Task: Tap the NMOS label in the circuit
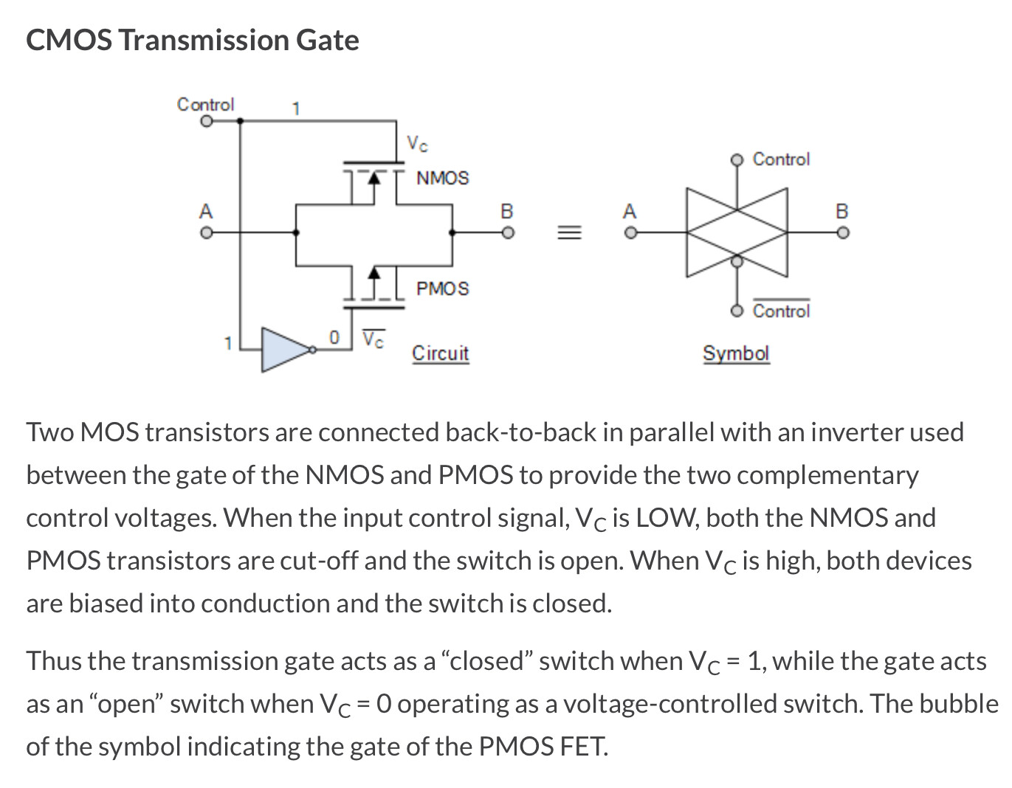point(442,178)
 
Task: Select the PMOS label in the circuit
point(442,288)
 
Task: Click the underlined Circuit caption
point(440,353)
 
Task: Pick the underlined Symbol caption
point(735,353)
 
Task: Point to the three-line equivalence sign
point(568,232)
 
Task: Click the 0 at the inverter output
point(334,337)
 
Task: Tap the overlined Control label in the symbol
point(781,311)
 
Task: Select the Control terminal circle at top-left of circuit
point(207,122)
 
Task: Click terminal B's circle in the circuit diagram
point(507,232)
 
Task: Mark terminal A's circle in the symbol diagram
point(629,232)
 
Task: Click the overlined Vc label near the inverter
point(374,339)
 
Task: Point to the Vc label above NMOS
point(417,144)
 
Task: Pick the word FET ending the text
point(583,747)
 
